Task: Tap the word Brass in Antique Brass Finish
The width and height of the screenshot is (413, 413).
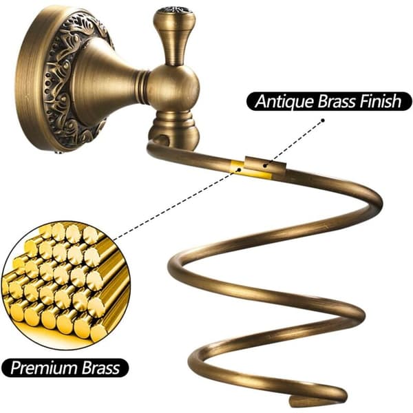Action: click(336, 101)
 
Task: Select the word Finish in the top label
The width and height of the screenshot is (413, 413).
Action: click(380, 101)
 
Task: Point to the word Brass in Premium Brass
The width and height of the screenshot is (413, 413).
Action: click(101, 368)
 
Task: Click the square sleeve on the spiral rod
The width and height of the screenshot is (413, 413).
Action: click(266, 165)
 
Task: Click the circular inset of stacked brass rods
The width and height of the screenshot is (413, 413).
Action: click(66, 286)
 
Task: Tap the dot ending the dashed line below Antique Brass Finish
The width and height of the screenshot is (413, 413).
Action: click(323, 120)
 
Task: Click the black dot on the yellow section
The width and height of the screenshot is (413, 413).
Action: click(239, 170)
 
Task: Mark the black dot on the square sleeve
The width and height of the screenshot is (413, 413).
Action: click(265, 166)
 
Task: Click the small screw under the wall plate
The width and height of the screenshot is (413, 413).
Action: click(60, 151)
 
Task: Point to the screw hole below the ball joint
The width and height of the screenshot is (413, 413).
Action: click(160, 140)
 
